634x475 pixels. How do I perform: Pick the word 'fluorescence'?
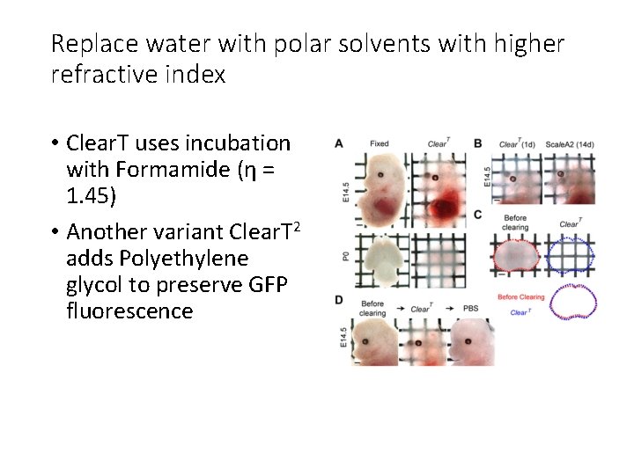pyautogui.click(x=129, y=311)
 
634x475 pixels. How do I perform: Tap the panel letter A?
pyautogui.click(x=338, y=142)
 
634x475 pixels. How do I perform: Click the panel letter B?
pyautogui.click(x=478, y=142)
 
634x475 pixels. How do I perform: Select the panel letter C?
pyautogui.click(x=478, y=215)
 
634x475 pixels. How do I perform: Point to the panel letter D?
pyautogui.click(x=338, y=301)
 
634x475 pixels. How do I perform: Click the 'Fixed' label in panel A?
pyautogui.click(x=380, y=143)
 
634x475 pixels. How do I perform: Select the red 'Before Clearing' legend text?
pyautogui.click(x=520, y=297)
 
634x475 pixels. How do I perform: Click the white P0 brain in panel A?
pyautogui.click(x=380, y=260)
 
